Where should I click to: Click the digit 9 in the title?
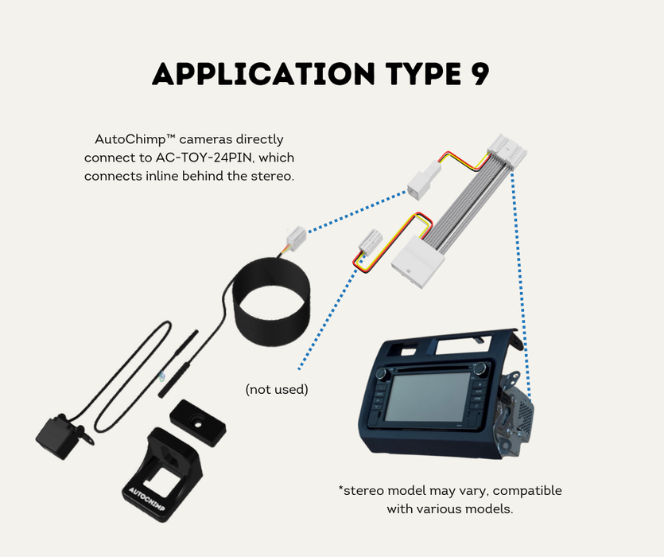point(475,73)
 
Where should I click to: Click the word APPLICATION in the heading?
point(262,73)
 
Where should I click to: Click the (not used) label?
point(276,389)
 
